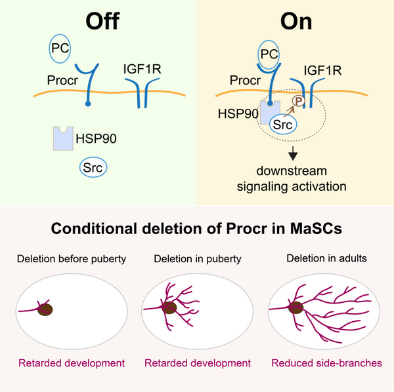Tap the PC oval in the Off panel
(x=63, y=49)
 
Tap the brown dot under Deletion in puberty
(x=169, y=307)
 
